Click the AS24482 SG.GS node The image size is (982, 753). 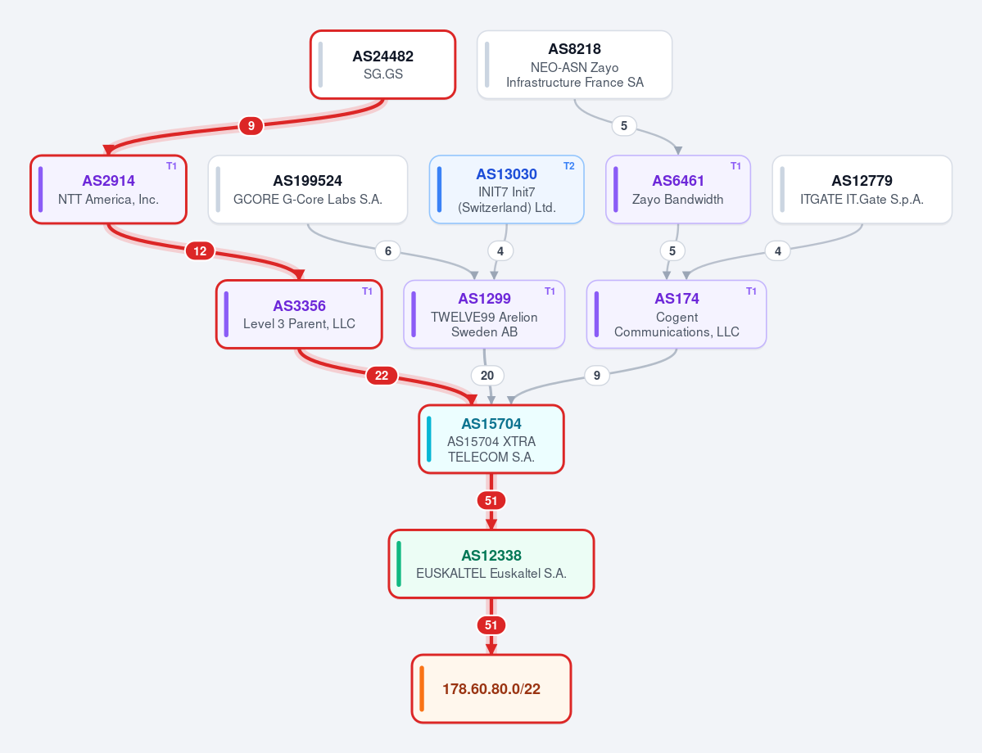tap(382, 65)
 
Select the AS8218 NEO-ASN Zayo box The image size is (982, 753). tap(574, 65)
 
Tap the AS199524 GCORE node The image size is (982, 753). tap(307, 189)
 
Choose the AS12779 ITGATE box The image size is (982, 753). tap(862, 189)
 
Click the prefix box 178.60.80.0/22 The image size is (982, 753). tap(491, 688)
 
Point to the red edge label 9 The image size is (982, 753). tap(251, 126)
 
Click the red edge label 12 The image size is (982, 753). tap(200, 251)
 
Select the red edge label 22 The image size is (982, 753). tap(382, 376)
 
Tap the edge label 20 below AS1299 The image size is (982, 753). tap(487, 376)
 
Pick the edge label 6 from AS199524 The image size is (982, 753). tap(388, 251)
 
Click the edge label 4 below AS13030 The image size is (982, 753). tap(500, 251)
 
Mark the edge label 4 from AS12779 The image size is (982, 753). tap(778, 251)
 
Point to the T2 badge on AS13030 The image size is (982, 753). tap(568, 166)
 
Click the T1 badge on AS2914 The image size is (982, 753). tap(172, 166)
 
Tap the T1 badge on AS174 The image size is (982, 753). tap(752, 291)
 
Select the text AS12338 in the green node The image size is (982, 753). tap(491, 555)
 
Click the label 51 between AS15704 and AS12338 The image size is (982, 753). tap(491, 501)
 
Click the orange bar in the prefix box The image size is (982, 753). tap(422, 688)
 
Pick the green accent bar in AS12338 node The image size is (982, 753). tap(399, 564)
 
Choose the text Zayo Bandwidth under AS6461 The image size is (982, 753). tap(677, 199)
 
